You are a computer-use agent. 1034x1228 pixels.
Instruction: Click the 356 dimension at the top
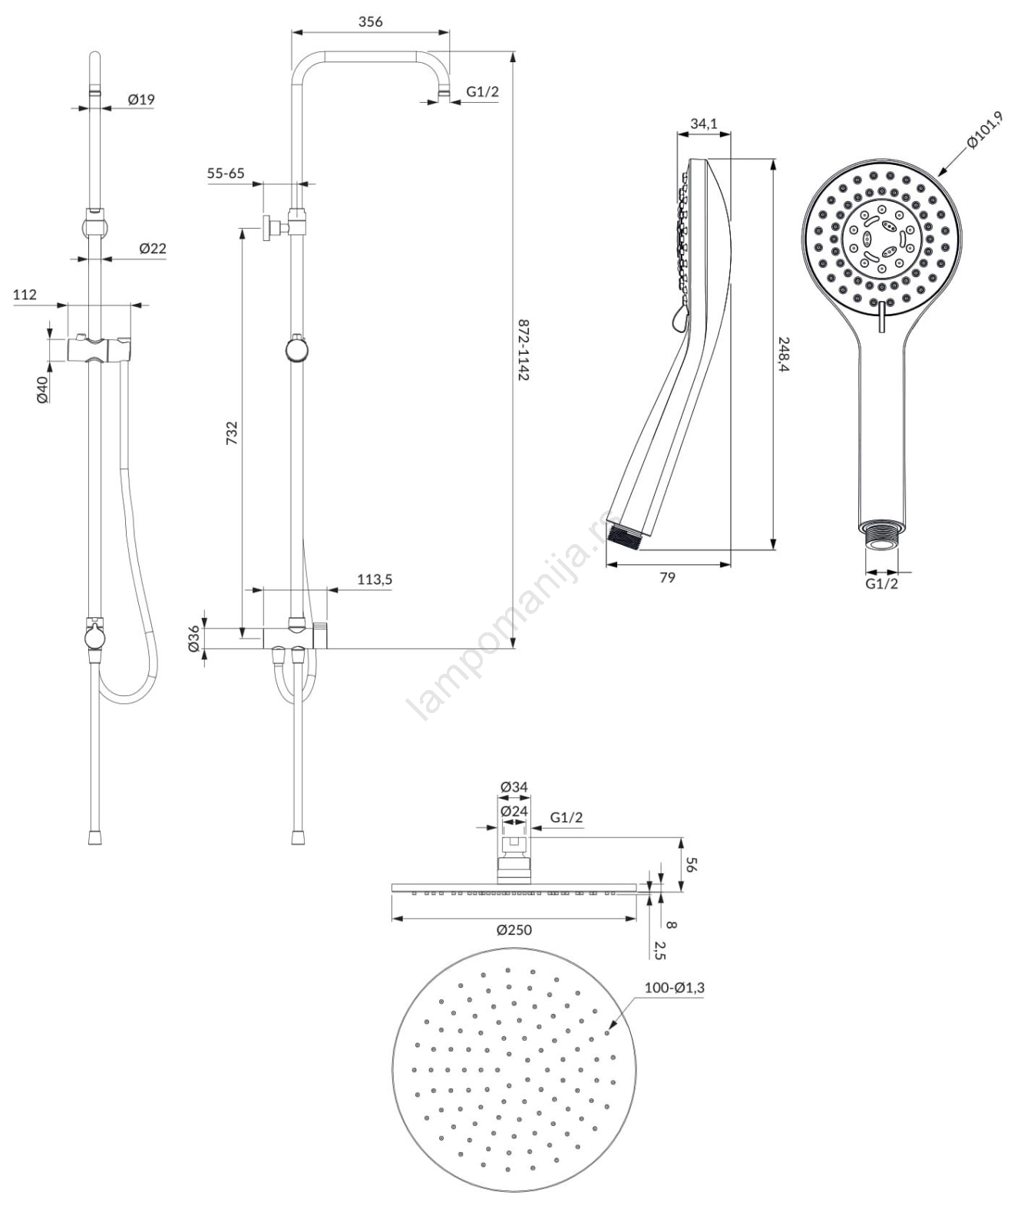370,21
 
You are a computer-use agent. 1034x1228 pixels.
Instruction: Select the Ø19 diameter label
141,99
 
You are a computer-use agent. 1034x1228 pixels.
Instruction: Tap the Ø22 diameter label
152,248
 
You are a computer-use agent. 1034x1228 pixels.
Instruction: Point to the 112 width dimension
25,295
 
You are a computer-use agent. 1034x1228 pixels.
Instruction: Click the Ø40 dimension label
42,388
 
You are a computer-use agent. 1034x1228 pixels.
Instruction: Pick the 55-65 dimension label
226,173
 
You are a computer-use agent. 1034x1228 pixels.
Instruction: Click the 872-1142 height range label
524,350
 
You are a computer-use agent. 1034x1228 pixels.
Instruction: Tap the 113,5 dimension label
375,579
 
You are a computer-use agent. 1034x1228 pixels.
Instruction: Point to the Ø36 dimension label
194,639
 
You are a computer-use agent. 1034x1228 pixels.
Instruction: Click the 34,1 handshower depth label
703,124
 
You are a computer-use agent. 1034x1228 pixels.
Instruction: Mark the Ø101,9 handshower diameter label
985,130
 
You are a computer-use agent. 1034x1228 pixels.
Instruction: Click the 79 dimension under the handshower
667,576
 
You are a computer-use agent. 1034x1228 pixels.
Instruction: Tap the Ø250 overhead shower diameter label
514,930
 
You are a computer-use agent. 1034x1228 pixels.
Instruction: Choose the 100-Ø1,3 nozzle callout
674,988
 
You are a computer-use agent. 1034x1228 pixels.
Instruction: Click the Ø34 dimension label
514,787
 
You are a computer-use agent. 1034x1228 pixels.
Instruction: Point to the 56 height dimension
690,864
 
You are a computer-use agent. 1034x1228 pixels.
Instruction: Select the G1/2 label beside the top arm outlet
482,92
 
